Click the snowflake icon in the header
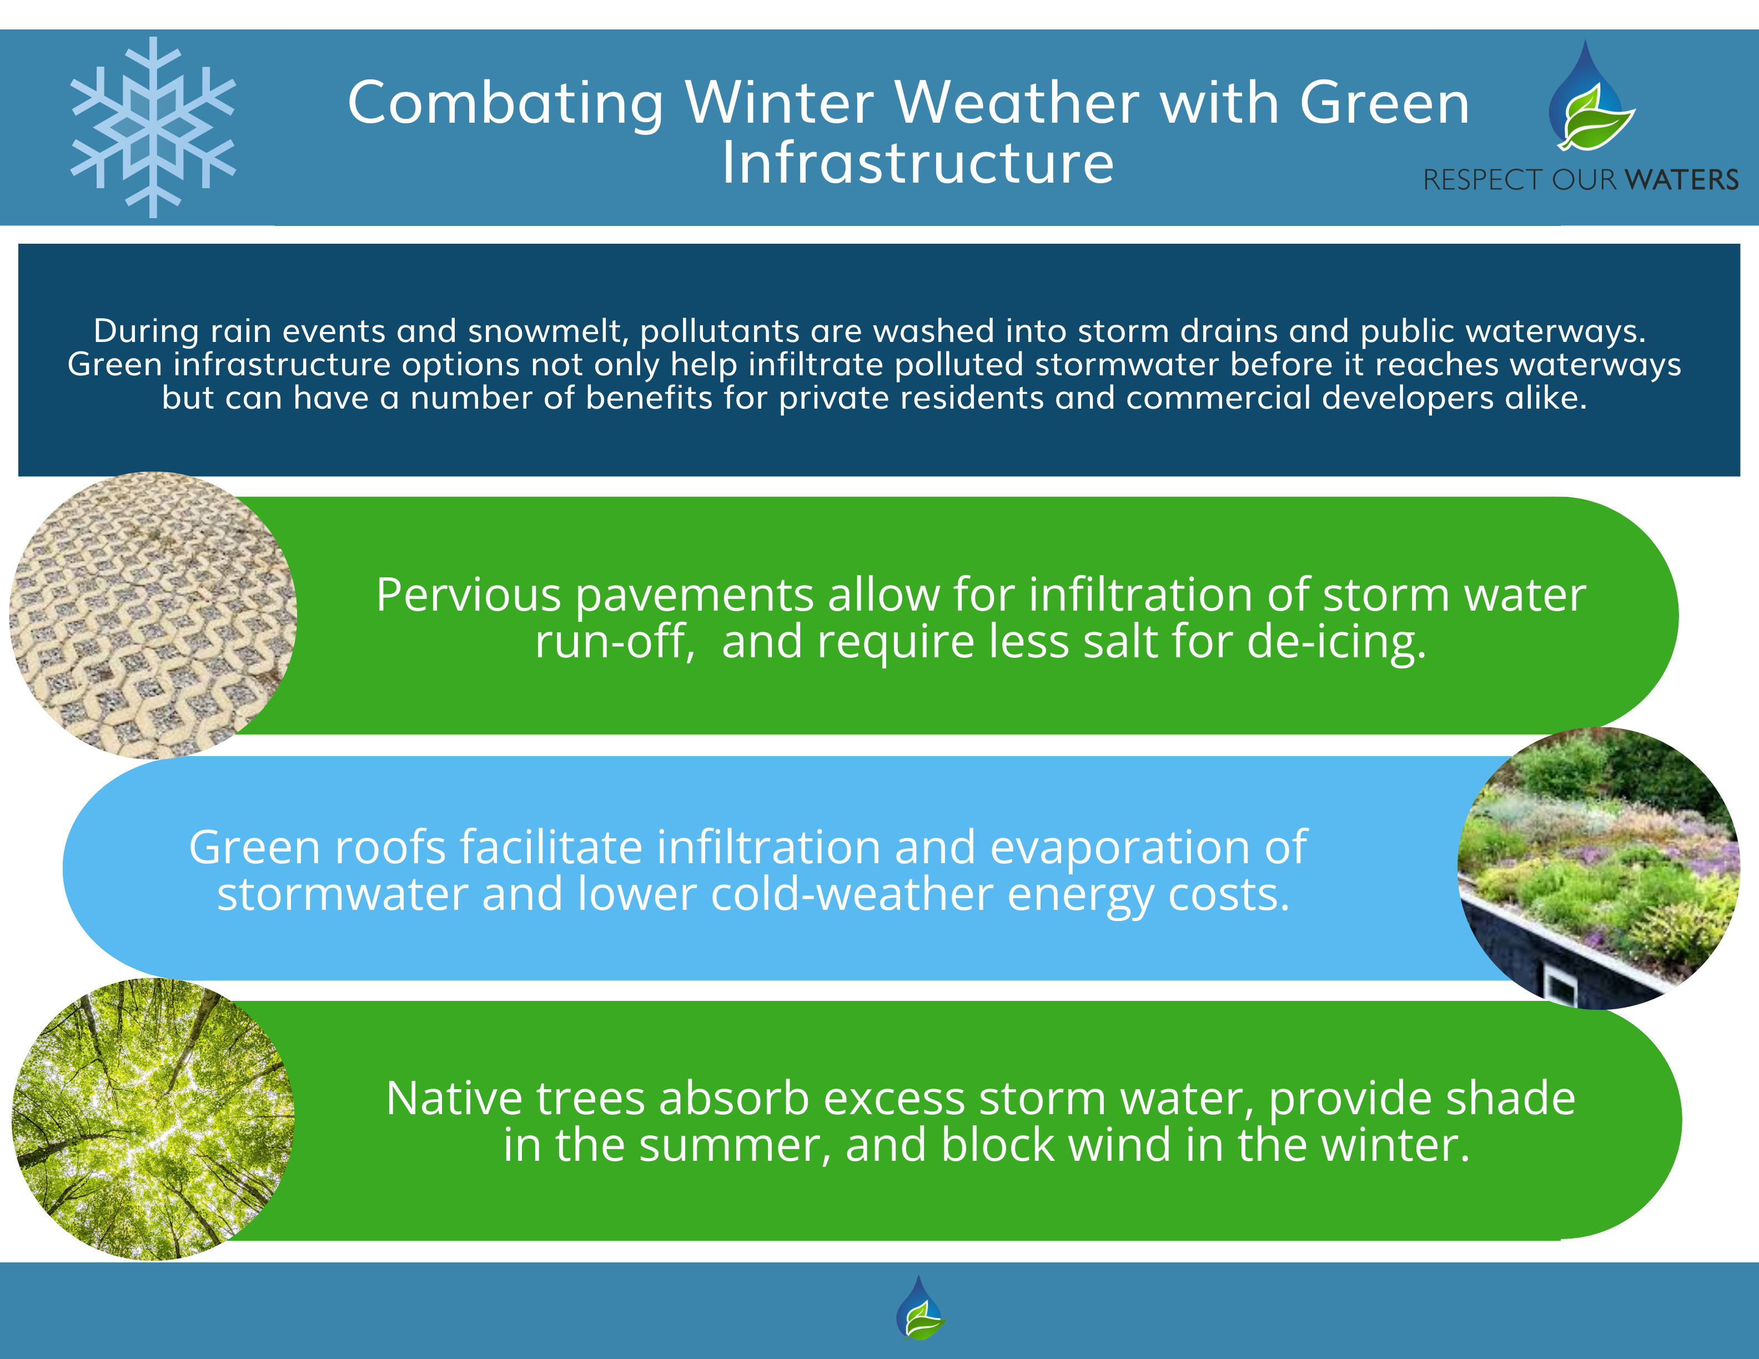(x=153, y=127)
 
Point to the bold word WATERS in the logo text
(x=1681, y=179)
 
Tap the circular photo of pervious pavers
(x=153, y=615)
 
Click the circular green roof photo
(x=1598, y=868)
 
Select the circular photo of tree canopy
(x=153, y=1119)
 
